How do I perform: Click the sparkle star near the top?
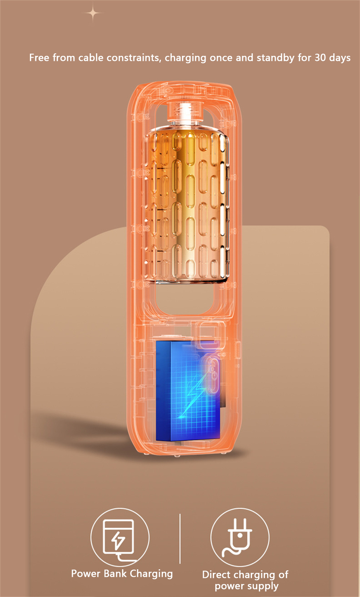[93, 13]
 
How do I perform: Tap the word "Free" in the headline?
[39, 58]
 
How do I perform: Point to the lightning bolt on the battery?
[192, 395]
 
